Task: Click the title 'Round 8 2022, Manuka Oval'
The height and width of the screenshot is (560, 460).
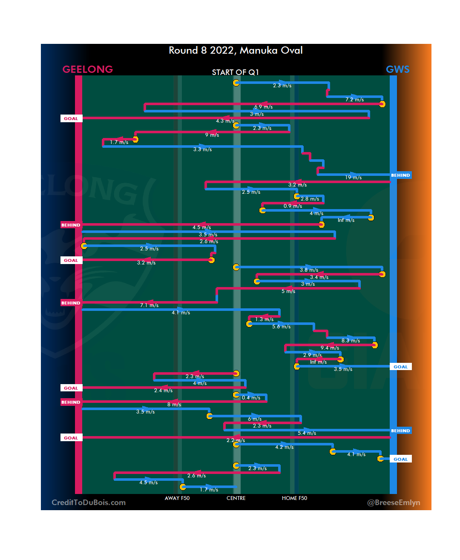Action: pyautogui.click(x=236, y=50)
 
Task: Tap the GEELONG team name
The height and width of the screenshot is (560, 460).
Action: pyautogui.click(x=87, y=69)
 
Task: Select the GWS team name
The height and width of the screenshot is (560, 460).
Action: pyautogui.click(x=397, y=69)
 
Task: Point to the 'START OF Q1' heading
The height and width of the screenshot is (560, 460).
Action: pyautogui.click(x=236, y=72)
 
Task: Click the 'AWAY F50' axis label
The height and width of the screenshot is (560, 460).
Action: pyautogui.click(x=177, y=498)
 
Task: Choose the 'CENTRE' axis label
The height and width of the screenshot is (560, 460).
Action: pyautogui.click(x=236, y=498)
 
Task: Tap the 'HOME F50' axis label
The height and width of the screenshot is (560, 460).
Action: pyautogui.click(x=294, y=498)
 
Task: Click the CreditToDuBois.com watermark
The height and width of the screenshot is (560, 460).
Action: pyautogui.click(x=89, y=503)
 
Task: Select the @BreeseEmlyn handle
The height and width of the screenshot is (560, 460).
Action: pyautogui.click(x=394, y=503)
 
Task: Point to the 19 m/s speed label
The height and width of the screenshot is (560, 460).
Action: pyautogui.click(x=354, y=178)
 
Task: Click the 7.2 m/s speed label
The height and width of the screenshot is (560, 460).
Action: pyautogui.click(x=355, y=100)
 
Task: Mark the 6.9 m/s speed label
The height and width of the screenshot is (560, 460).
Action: pyautogui.click(x=264, y=107)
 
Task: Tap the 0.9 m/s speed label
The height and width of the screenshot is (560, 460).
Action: pyautogui.click(x=293, y=206)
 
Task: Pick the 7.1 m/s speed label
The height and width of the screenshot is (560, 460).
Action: pyautogui.click(x=149, y=305)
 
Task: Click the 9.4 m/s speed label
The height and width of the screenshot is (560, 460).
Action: pyautogui.click(x=330, y=348)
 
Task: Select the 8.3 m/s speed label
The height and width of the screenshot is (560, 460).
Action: pyautogui.click(x=351, y=341)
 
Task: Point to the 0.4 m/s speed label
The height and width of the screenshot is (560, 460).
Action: pyautogui.click(x=251, y=398)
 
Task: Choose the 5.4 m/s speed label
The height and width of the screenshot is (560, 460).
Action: pyautogui.click(x=307, y=433)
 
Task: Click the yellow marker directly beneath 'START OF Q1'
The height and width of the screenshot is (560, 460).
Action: pyautogui.click(x=236, y=83)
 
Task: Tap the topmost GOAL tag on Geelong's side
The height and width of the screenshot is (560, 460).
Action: pyautogui.click(x=71, y=118)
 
